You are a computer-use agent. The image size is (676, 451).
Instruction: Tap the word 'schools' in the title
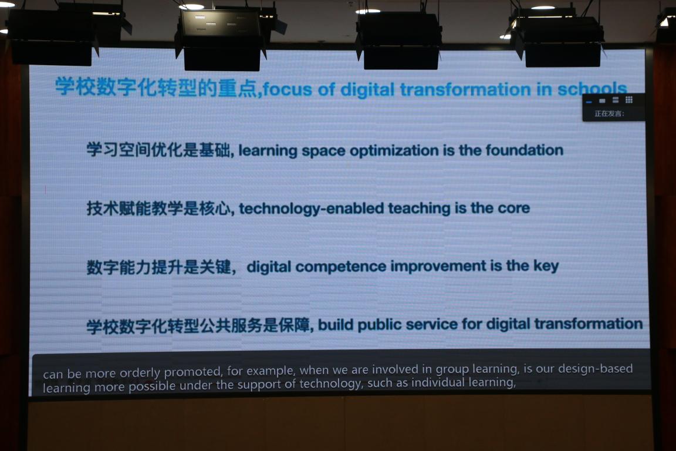point(592,89)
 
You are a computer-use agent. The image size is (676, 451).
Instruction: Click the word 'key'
point(546,266)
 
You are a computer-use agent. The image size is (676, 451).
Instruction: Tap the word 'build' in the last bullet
point(336,325)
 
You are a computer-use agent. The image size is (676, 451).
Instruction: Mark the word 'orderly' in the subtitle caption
point(140,373)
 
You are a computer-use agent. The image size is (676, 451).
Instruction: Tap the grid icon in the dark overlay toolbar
point(629,100)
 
